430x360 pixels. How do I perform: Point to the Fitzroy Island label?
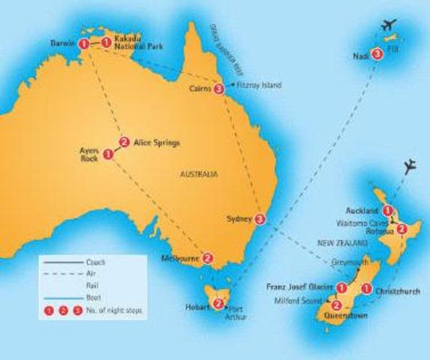pyautogui.click(x=259, y=85)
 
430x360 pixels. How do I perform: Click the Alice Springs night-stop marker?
pyautogui.click(x=124, y=141)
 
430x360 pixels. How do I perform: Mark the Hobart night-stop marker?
pyautogui.click(x=218, y=304)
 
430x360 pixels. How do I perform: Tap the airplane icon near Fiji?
pyautogui.click(x=390, y=27)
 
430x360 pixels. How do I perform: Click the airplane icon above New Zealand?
pyautogui.click(x=409, y=166)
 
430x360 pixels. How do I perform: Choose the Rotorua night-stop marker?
pyautogui.click(x=402, y=229)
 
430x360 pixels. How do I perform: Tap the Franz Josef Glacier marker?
pyautogui.click(x=342, y=287)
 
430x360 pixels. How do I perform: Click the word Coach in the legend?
pyautogui.click(x=96, y=262)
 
